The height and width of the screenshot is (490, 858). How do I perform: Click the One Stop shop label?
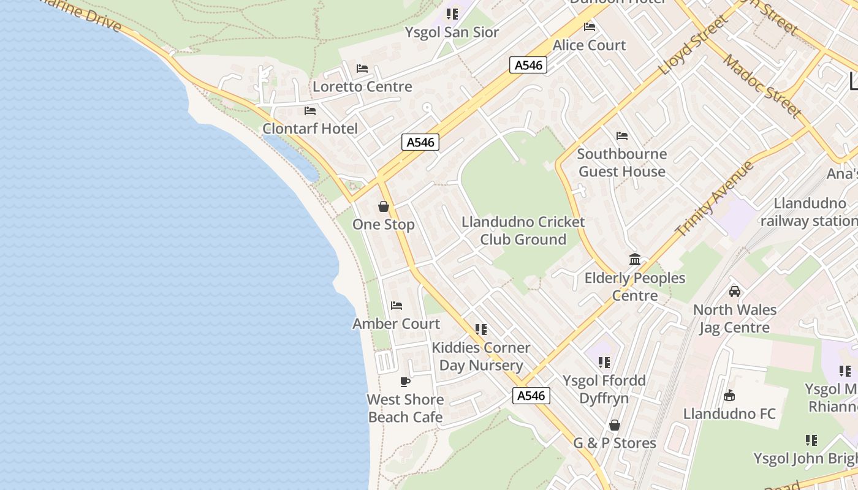click(384, 225)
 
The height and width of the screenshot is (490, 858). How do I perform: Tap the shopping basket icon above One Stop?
click(384, 206)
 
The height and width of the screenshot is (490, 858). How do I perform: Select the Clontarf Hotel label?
click(310, 129)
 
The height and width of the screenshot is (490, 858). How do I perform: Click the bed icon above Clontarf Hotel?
click(310, 111)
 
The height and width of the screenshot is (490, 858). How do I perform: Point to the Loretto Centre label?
click(362, 86)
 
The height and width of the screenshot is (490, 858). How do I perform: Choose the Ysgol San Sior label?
click(452, 32)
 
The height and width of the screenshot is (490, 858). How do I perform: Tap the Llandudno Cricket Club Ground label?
click(523, 231)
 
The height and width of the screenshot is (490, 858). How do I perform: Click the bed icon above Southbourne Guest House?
click(622, 135)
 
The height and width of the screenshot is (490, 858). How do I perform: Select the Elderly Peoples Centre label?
click(635, 287)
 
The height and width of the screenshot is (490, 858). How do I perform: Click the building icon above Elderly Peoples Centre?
click(635, 260)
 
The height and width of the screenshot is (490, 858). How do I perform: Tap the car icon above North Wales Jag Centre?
click(734, 292)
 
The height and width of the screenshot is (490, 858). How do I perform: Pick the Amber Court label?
click(396, 323)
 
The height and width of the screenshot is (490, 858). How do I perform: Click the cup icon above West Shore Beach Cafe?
click(405, 382)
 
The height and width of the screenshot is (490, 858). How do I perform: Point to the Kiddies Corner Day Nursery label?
click(481, 356)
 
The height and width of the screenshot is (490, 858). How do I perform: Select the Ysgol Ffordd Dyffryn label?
click(604, 390)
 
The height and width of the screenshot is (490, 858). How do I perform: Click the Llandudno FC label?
click(729, 414)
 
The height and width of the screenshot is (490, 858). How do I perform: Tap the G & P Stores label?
click(615, 443)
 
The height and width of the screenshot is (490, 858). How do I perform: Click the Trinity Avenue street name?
click(714, 199)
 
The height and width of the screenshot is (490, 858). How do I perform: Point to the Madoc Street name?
click(762, 86)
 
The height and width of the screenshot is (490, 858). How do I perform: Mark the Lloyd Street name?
click(695, 46)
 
